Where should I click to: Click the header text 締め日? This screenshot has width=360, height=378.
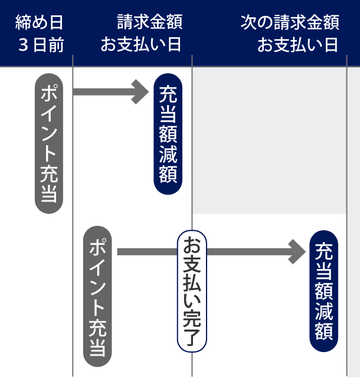(x=40, y=23)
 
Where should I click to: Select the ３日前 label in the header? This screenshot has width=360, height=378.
(x=40, y=45)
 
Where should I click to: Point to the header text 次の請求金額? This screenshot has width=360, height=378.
(x=290, y=23)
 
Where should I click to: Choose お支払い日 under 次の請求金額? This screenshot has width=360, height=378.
(x=297, y=45)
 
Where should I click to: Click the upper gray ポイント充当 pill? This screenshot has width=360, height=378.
(x=48, y=143)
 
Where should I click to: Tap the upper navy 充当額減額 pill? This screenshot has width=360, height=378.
(x=168, y=136)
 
